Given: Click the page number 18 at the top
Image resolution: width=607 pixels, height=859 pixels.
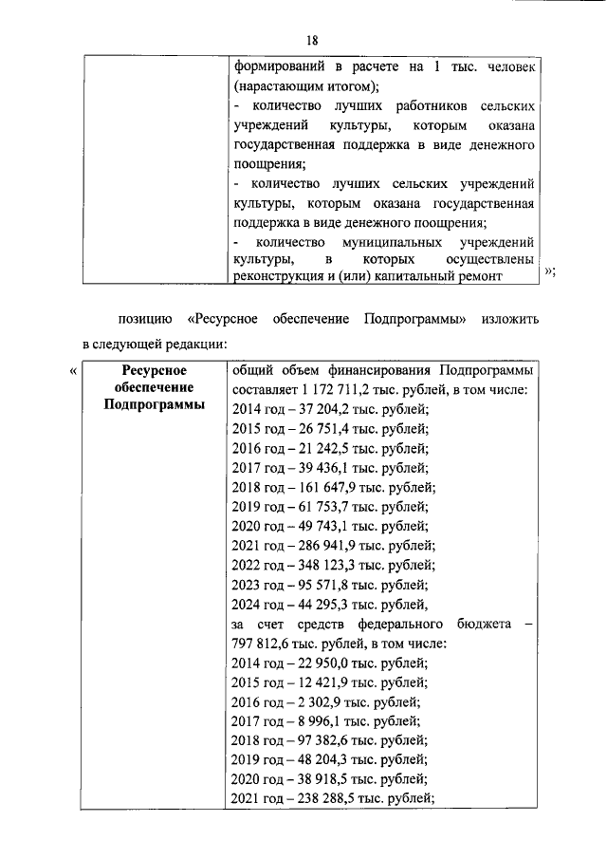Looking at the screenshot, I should pyautogui.click(x=312, y=39).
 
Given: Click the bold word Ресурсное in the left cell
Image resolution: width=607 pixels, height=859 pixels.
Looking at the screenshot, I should pyautogui.click(x=152, y=370).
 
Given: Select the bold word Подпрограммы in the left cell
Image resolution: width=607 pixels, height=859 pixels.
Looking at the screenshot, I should pyautogui.click(x=152, y=405).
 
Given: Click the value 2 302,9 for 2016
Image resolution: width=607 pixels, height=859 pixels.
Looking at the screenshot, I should pyautogui.click(x=323, y=702).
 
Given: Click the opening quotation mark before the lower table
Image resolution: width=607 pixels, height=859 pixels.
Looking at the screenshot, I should pyautogui.click(x=74, y=371).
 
